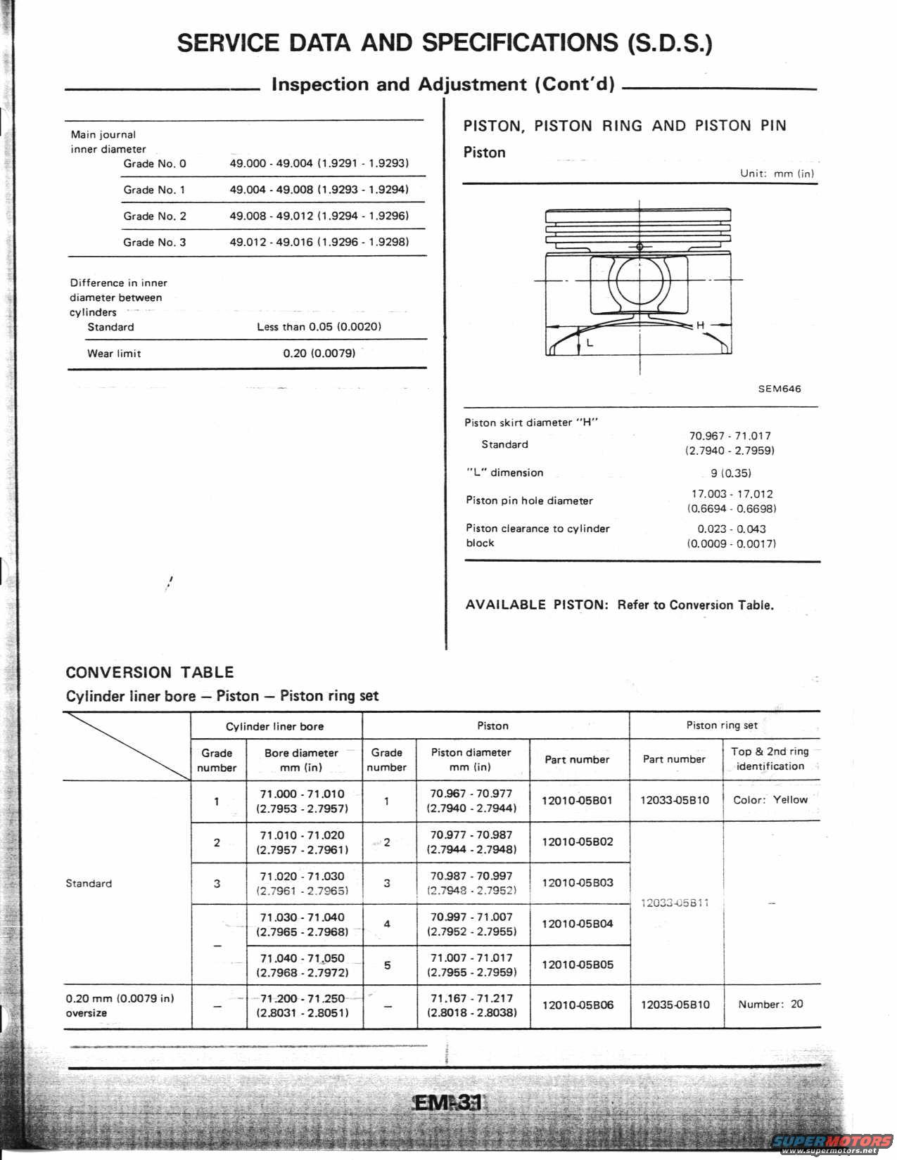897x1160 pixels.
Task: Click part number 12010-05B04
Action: [577, 924]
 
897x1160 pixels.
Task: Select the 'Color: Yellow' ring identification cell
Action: [770, 800]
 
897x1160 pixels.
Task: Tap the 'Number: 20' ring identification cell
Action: [770, 1005]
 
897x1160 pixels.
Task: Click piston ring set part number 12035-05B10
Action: [675, 1005]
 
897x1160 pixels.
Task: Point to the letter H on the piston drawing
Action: [700, 326]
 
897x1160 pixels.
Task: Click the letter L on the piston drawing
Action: [590, 344]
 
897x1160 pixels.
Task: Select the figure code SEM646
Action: [779, 389]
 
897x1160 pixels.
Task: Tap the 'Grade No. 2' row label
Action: [155, 216]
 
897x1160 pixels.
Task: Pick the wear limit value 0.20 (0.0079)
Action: [319, 353]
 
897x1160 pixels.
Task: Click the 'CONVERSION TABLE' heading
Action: [149, 672]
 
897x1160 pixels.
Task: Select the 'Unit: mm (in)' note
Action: [777, 173]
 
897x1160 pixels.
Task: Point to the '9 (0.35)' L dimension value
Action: [730, 473]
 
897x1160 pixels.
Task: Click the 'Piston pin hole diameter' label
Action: [529, 501]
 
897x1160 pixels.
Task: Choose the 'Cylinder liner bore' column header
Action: [274, 726]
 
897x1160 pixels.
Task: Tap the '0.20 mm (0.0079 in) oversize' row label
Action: [120, 1005]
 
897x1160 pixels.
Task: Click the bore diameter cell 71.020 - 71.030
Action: [303, 883]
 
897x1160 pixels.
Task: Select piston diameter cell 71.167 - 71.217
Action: [471, 1005]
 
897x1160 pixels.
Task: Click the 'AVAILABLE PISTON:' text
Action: [537, 605]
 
